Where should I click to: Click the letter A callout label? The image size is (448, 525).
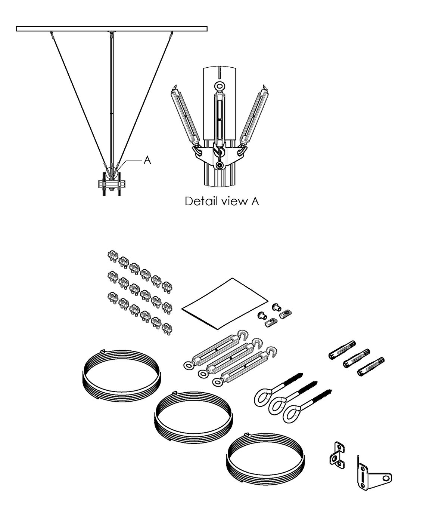click(147, 160)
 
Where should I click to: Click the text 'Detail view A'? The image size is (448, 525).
click(222, 202)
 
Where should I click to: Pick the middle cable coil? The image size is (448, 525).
click(194, 415)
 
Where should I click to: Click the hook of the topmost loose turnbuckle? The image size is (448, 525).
click(243, 333)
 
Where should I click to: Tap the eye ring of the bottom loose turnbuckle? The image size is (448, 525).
click(217, 382)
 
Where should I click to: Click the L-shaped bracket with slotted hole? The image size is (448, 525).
click(373, 475)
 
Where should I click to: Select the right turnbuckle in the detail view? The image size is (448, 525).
click(255, 116)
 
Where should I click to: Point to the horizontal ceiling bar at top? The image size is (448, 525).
click(112, 28)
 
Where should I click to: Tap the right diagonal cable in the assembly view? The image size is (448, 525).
click(146, 97)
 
